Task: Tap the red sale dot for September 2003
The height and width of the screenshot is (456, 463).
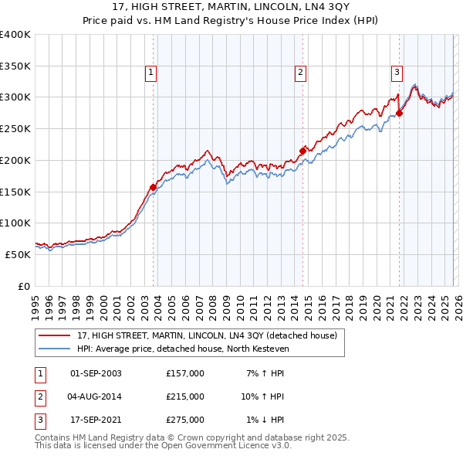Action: pyautogui.click(x=154, y=187)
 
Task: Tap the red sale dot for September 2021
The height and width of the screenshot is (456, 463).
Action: pyautogui.click(x=400, y=113)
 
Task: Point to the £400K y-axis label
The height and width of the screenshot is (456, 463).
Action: pyautogui.click(x=15, y=35)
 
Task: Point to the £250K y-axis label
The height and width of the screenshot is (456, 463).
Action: pyautogui.click(x=15, y=129)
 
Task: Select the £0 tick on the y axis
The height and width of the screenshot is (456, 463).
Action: pyautogui.click(x=23, y=286)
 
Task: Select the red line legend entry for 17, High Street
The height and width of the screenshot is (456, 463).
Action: pyautogui.click(x=207, y=336)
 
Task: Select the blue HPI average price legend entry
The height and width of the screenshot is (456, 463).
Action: pyautogui.click(x=182, y=349)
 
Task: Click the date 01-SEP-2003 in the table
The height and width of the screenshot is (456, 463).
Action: pyautogui.click(x=96, y=373)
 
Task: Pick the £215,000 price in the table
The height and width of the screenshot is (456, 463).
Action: pyautogui.click(x=184, y=396)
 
